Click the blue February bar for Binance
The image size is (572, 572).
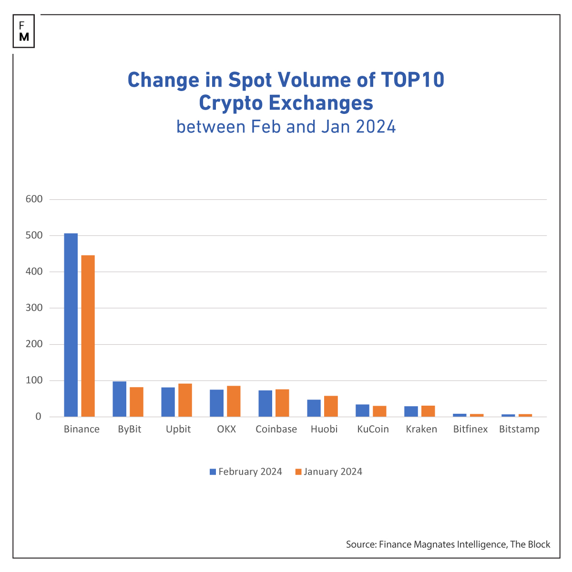pyautogui.click(x=71, y=325)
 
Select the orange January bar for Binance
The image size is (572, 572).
pyautogui.click(x=88, y=336)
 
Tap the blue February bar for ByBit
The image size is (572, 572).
pyautogui.click(x=120, y=399)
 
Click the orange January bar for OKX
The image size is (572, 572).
pyautogui.click(x=234, y=401)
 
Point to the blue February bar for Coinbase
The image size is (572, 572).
pyautogui.click(x=266, y=404)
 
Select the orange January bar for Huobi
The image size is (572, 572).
pyautogui.click(x=331, y=406)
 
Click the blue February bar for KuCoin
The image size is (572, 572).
pyautogui.click(x=363, y=410)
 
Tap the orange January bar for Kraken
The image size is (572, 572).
pyautogui.click(x=428, y=411)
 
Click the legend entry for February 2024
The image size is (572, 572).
pyautogui.click(x=246, y=472)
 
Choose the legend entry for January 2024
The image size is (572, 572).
pyautogui.click(x=329, y=472)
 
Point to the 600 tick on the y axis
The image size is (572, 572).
pyautogui.click(x=34, y=199)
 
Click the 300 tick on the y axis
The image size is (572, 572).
pyautogui.click(x=34, y=308)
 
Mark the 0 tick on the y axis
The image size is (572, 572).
pyautogui.click(x=38, y=417)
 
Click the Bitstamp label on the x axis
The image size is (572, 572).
pyautogui.click(x=519, y=429)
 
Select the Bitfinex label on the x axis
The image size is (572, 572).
pyautogui.click(x=470, y=429)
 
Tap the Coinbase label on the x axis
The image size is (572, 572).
pyautogui.click(x=276, y=429)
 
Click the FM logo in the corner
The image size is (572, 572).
pyautogui.click(x=24, y=31)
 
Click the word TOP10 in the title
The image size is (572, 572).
pyautogui.click(x=413, y=80)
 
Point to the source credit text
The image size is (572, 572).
pyautogui.click(x=448, y=544)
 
